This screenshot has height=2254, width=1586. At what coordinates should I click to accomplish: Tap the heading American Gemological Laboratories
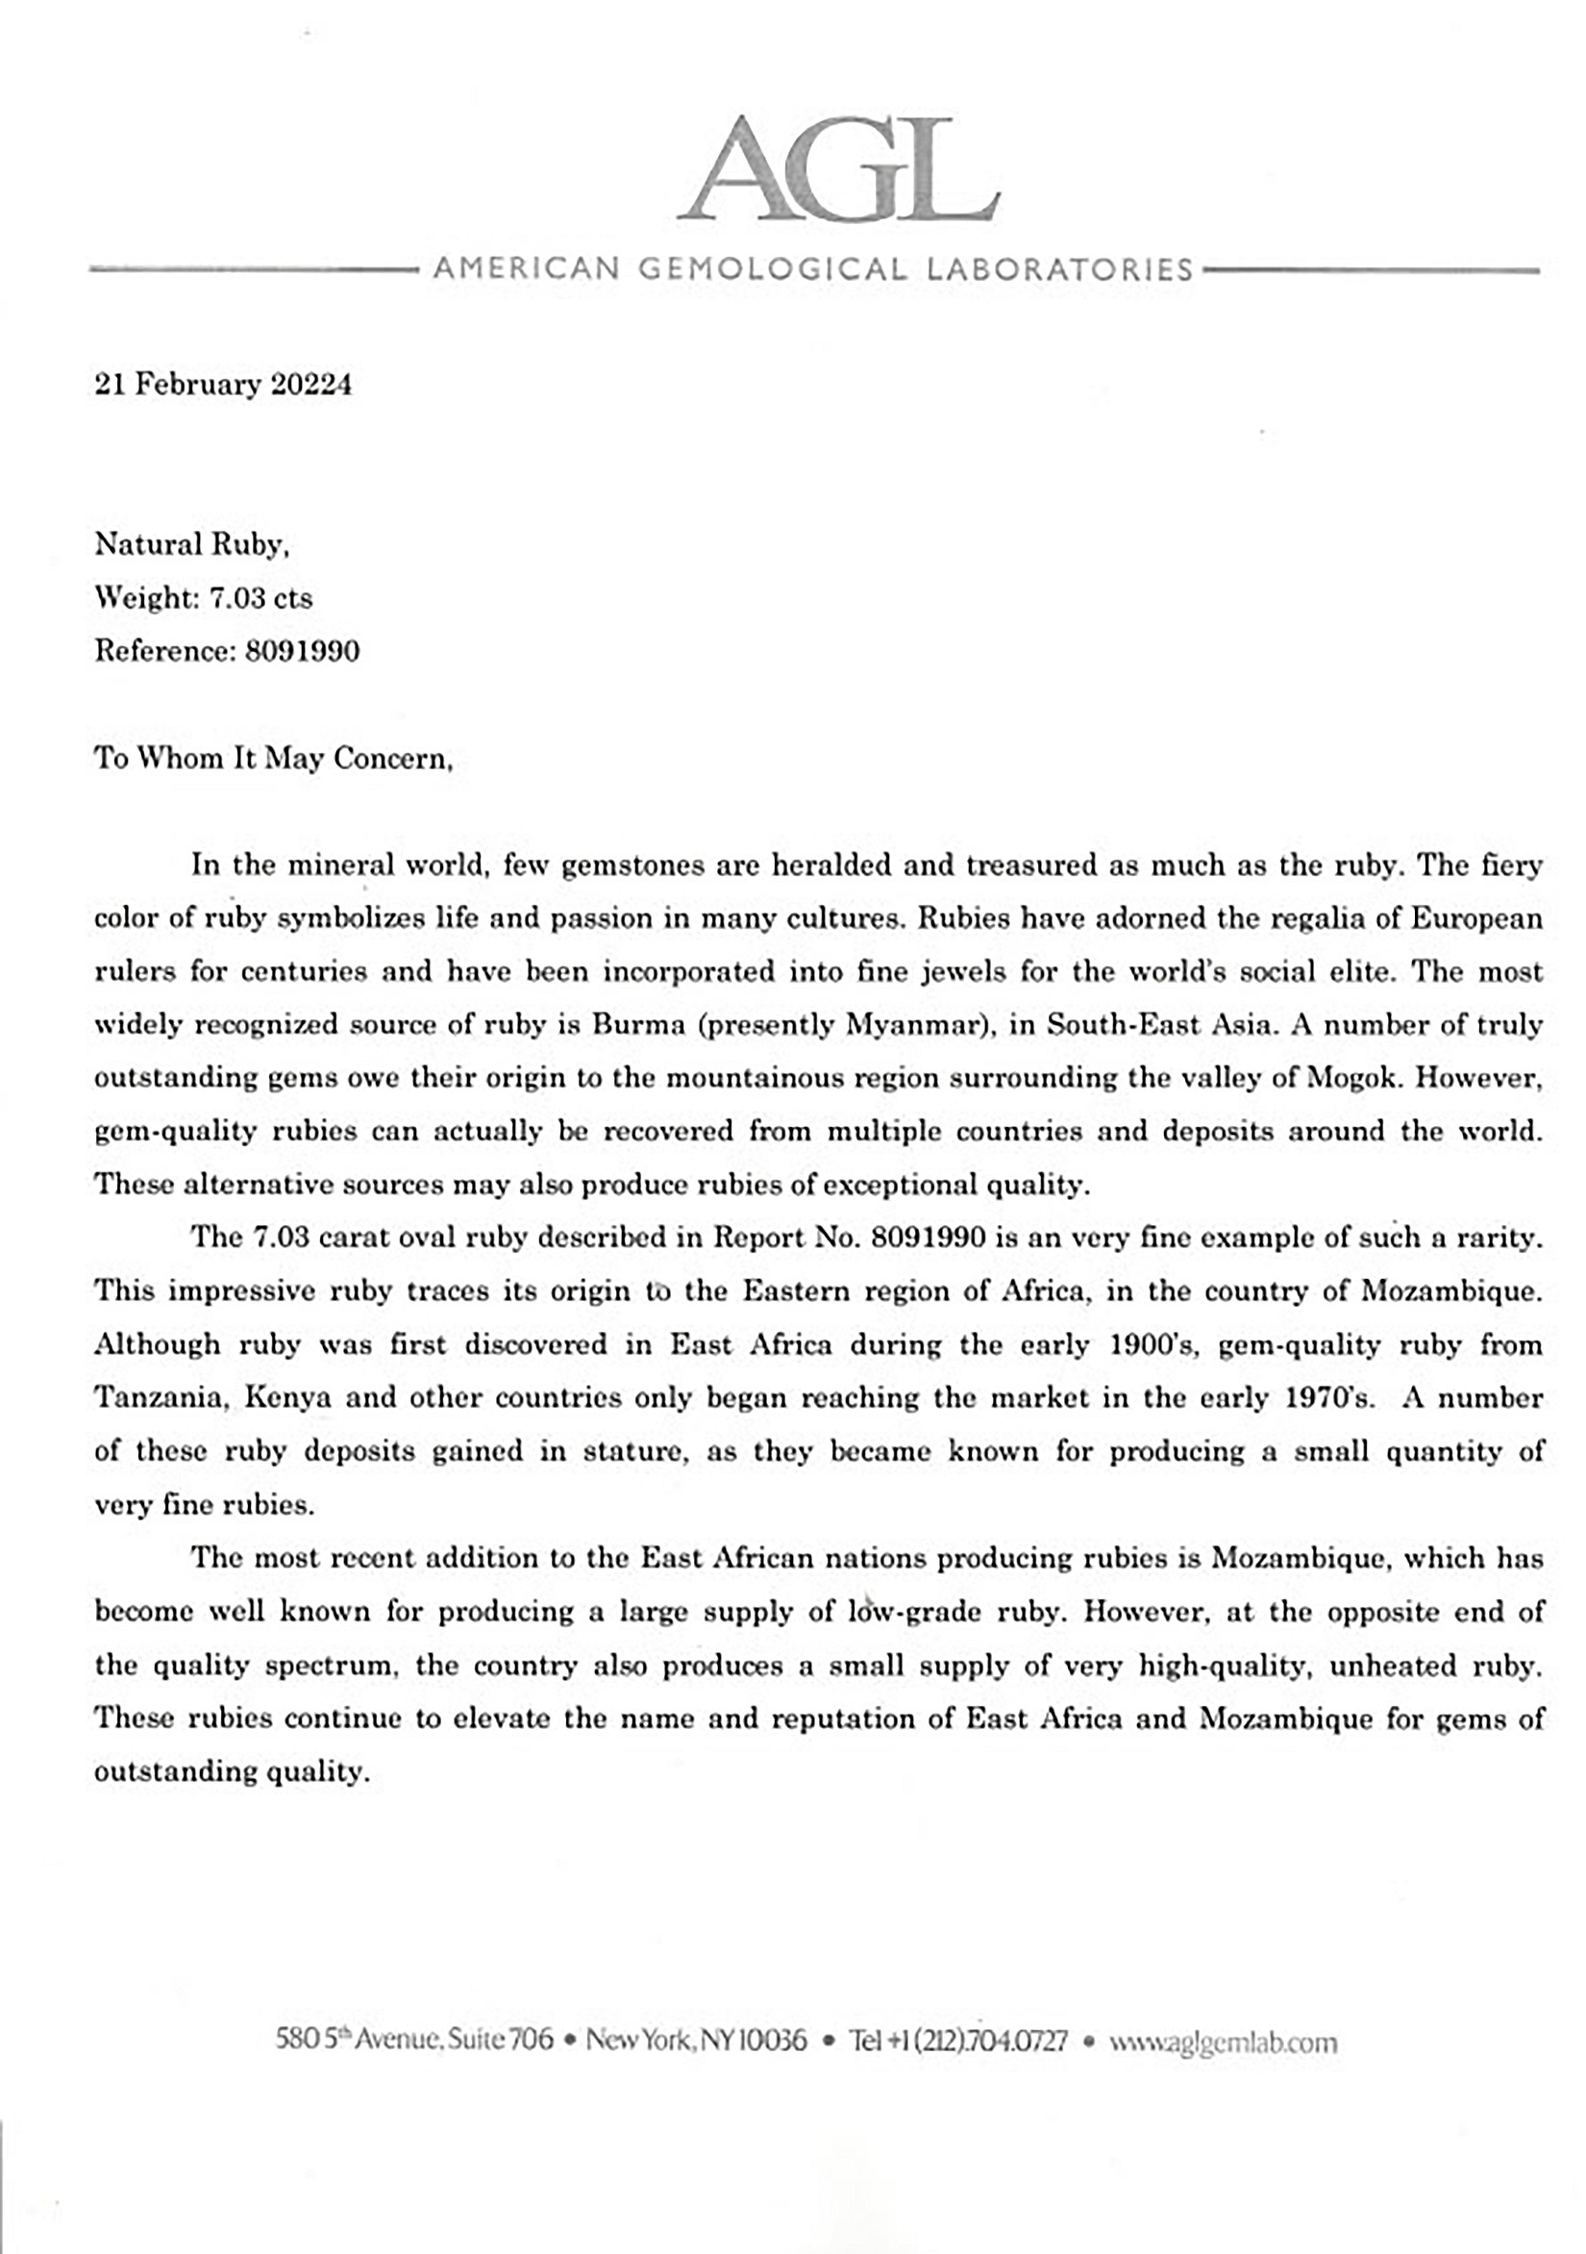(x=812, y=268)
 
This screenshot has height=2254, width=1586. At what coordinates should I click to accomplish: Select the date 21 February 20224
(x=223, y=384)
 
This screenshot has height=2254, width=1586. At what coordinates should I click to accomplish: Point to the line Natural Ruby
(x=191, y=544)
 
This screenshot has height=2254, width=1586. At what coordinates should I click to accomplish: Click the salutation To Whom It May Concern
(x=273, y=758)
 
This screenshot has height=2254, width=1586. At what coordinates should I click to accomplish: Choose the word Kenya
(x=287, y=1397)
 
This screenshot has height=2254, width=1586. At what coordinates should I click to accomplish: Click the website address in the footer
(x=1223, y=2041)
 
